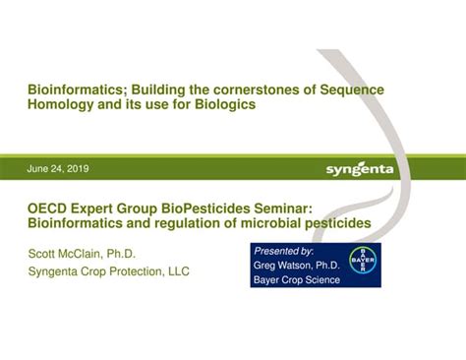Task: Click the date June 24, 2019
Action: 58,168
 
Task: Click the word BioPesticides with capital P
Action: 208,209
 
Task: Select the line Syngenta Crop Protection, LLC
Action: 108,270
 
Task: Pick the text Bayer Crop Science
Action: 298,279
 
